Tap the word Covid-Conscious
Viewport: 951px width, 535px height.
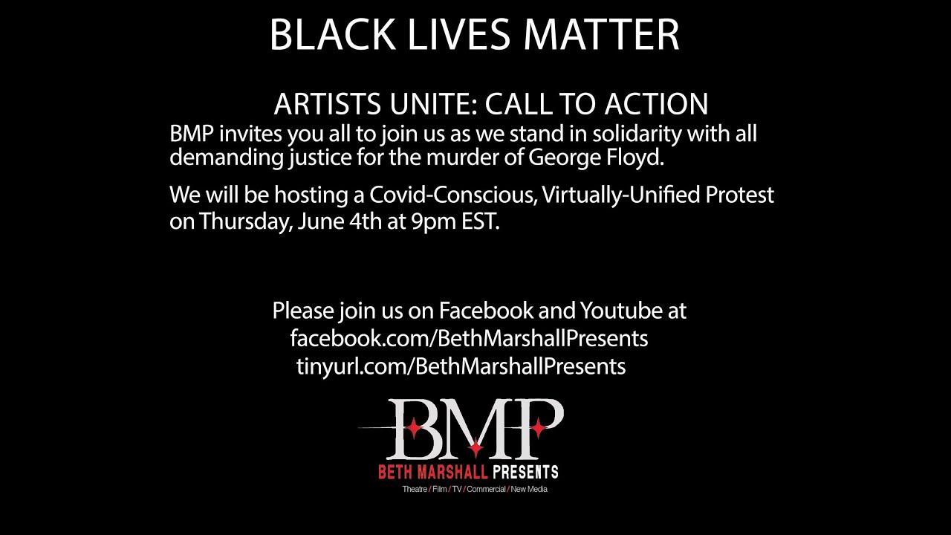click(452, 195)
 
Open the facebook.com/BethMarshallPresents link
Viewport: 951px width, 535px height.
click(469, 338)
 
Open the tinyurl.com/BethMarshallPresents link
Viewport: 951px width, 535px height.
click(461, 366)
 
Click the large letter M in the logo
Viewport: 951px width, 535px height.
click(475, 429)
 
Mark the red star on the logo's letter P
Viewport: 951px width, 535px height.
click(538, 427)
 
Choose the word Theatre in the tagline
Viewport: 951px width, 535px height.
click(415, 489)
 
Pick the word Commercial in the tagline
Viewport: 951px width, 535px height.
click(486, 489)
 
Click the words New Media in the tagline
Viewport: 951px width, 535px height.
click(529, 489)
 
